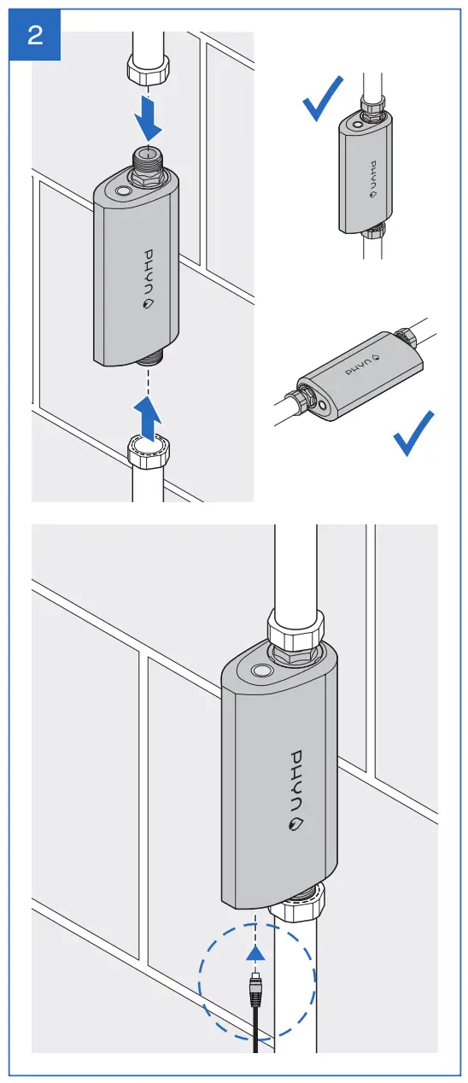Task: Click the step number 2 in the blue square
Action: pyautogui.click(x=35, y=36)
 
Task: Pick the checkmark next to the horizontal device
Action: pyautogui.click(x=414, y=433)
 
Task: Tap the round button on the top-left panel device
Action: pyautogui.click(x=125, y=194)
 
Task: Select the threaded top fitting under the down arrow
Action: pyautogui.click(x=149, y=163)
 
